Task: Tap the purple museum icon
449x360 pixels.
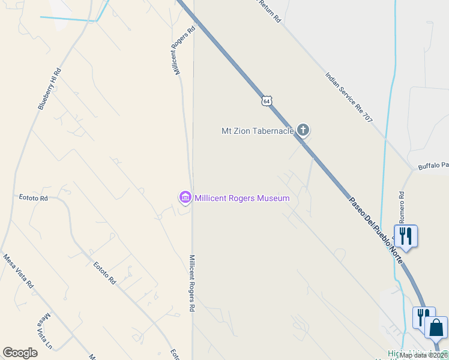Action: (x=185, y=197)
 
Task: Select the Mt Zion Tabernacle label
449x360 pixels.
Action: (x=258, y=130)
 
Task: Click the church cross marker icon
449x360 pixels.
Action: (x=303, y=130)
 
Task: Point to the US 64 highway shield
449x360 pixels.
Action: (x=267, y=100)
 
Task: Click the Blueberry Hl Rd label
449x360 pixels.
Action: (x=50, y=89)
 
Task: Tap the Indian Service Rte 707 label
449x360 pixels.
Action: (x=349, y=98)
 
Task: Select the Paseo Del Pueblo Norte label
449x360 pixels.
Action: (x=376, y=225)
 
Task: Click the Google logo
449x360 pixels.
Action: (x=20, y=353)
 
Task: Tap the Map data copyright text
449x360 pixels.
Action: (x=424, y=355)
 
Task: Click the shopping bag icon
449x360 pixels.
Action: (x=436, y=328)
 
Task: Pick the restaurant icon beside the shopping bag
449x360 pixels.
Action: (x=423, y=317)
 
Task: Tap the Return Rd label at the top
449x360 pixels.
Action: (x=270, y=10)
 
